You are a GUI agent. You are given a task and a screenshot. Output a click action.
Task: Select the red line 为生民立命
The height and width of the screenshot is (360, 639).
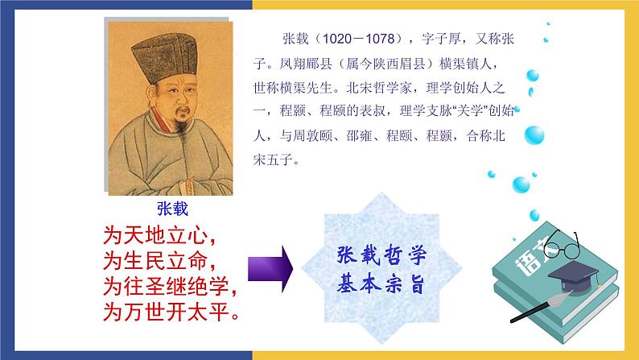161,260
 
